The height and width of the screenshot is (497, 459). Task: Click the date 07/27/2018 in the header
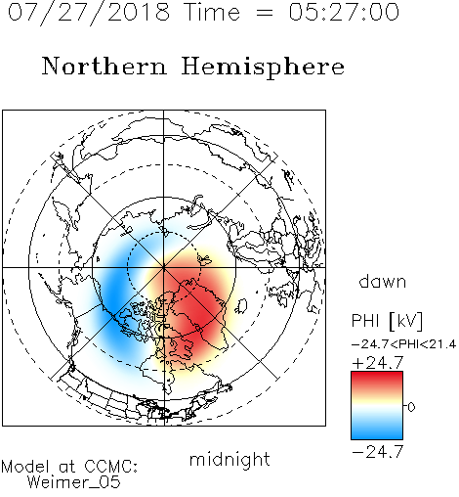tap(89, 13)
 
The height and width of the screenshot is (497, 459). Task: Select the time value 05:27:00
tap(344, 12)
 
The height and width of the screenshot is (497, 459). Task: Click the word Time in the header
tap(212, 12)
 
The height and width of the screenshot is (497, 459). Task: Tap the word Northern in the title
tap(104, 66)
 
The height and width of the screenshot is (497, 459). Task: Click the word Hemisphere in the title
tap(263, 68)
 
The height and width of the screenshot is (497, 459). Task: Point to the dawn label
tap(383, 281)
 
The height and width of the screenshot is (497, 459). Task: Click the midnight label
tap(229, 460)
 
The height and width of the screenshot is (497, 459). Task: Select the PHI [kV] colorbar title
tap(387, 321)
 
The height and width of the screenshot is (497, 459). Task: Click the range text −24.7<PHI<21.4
tap(403, 344)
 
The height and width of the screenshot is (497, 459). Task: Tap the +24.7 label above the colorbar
tap(378, 363)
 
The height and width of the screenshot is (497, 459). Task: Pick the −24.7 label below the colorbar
tap(378, 452)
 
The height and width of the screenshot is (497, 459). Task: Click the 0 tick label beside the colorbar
tap(411, 407)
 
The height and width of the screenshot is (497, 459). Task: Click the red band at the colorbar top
tap(377, 379)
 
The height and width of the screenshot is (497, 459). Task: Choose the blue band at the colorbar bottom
tap(377, 432)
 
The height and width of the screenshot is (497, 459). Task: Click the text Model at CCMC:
tap(69, 467)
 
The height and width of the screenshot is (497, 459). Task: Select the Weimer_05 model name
tap(74, 482)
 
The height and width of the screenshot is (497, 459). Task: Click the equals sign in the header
tap(265, 13)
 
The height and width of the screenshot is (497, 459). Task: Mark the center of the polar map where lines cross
tap(164, 268)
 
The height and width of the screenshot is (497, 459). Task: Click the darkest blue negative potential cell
tap(112, 294)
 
